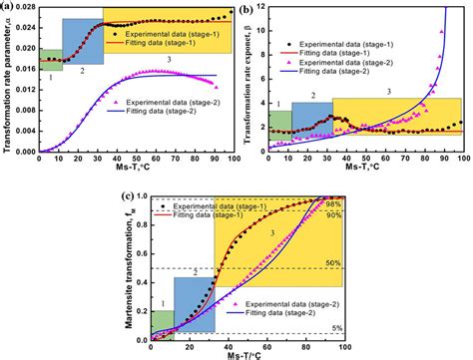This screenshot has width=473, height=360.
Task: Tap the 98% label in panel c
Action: tap(333, 204)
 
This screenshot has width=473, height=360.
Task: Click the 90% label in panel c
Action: tap(333, 214)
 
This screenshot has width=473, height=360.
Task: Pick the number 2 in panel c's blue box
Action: tap(196, 271)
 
